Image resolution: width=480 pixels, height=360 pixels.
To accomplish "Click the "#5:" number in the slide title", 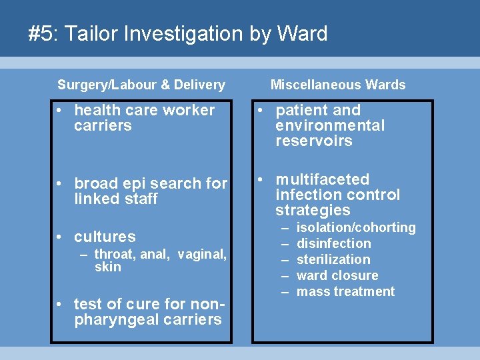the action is click(41, 33).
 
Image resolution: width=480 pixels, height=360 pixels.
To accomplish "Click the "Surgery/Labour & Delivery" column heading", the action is click(141, 85).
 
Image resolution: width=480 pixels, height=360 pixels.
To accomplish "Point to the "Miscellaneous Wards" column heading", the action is click(338, 85).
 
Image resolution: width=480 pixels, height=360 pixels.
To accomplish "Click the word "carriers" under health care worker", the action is click(103, 125).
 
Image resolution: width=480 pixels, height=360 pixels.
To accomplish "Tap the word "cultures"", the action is click(105, 237).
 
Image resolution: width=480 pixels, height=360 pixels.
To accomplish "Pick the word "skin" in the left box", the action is click(108, 267).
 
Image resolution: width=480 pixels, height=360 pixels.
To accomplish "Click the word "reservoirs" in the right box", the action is click(313, 141).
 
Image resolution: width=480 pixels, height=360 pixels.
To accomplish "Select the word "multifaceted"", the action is click(322, 179).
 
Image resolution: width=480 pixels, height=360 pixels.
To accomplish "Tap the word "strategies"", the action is click(313, 210).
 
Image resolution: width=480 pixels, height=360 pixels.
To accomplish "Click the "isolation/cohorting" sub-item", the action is click(356, 227).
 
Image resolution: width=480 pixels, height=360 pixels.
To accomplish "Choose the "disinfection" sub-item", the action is click(333, 243).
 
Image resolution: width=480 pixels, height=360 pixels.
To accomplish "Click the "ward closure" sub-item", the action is click(337, 275).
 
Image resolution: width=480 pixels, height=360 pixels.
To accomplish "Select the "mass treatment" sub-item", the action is click(345, 291).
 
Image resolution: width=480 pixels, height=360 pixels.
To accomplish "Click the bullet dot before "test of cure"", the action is click(59, 304).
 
